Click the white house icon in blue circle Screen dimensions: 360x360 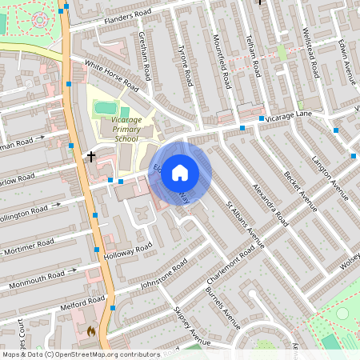180,172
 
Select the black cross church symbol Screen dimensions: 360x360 91,155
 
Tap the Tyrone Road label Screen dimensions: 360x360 185,66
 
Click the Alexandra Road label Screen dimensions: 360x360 270,201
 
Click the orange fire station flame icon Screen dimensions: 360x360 91,330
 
